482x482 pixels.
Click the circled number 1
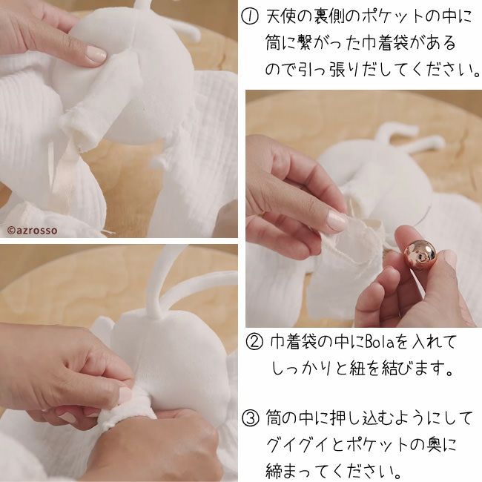point(250,17)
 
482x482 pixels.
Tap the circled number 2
point(255,343)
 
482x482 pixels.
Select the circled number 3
point(251,419)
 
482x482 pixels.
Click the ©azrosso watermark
point(32,230)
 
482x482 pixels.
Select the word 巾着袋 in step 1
point(385,43)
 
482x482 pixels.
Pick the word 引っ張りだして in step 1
point(346,70)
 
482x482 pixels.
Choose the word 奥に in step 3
point(442,445)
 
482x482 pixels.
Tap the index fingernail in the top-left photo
point(96,53)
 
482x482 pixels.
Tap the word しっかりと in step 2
point(310,369)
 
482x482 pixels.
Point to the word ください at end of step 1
point(439,70)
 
